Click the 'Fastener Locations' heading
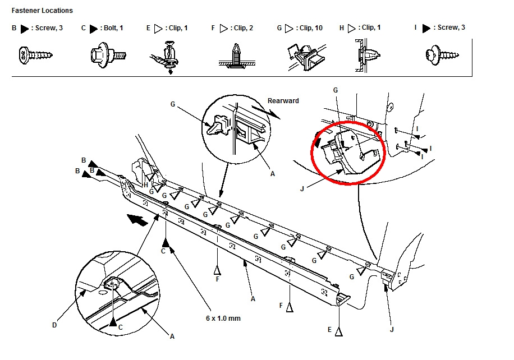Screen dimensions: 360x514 pos(42,11)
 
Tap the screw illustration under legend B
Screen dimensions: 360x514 pos(35,55)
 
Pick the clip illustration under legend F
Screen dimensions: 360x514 pos(235,57)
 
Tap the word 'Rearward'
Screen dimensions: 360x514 pos(283,101)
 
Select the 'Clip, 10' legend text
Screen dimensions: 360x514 pos(310,28)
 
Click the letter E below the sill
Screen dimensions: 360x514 pos(330,330)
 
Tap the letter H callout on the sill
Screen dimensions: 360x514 pos(145,184)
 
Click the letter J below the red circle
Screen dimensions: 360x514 pos(302,189)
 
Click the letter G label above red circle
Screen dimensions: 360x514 pos(336,90)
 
